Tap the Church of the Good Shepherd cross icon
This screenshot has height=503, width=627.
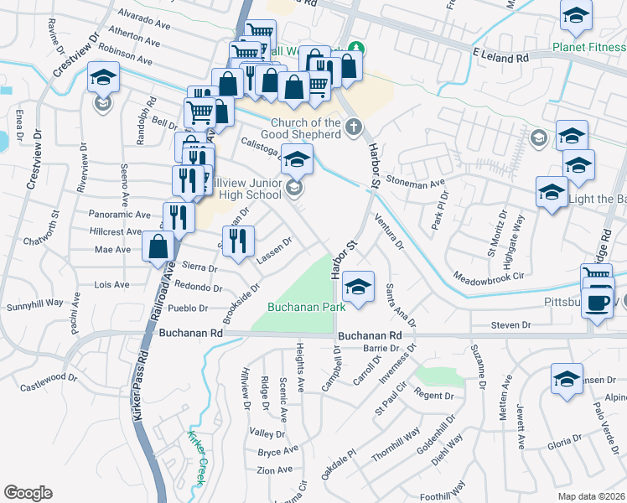(354, 128)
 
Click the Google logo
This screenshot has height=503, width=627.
(28, 493)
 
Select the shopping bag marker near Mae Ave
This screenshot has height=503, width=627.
(158, 248)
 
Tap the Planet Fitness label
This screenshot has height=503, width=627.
(588, 46)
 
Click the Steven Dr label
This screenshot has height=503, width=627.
(511, 324)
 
